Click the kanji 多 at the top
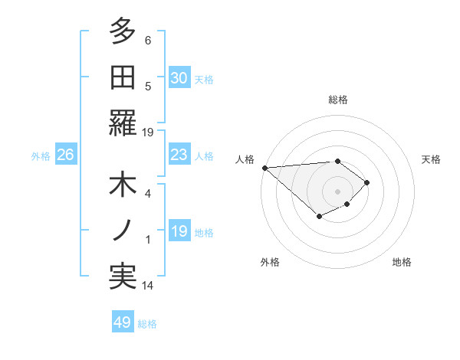click(123, 32)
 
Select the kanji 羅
click(123, 122)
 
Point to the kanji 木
click(123, 185)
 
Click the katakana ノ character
click(123, 231)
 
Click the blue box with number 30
click(179, 77)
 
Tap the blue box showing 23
click(179, 155)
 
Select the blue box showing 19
click(179, 231)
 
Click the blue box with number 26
click(65, 155)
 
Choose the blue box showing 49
click(122, 322)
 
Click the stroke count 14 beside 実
click(148, 286)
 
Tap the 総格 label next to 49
click(147, 324)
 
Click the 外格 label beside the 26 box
click(41, 156)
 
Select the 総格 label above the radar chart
click(338, 100)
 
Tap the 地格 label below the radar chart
click(402, 262)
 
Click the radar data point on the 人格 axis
click(264, 168)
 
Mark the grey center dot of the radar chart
click(337, 190)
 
